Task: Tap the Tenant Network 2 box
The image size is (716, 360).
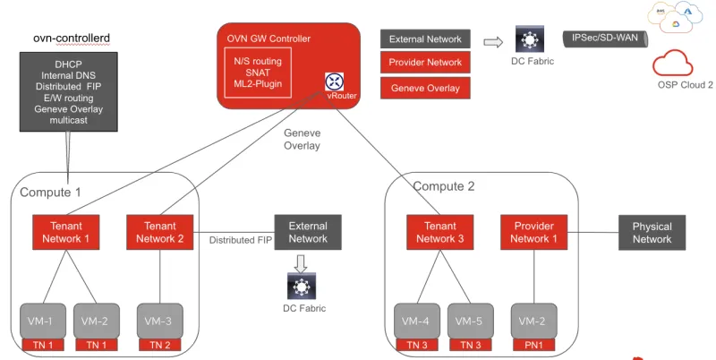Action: tap(159, 232)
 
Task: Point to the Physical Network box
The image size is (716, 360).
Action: tap(652, 232)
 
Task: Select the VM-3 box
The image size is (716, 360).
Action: tap(160, 321)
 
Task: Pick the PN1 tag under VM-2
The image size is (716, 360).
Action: tap(533, 345)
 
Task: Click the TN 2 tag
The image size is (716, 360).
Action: tap(160, 345)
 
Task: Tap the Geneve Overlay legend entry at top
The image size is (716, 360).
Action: tap(425, 88)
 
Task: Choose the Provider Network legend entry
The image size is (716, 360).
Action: tap(425, 63)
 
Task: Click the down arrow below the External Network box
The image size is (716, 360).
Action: tap(302, 261)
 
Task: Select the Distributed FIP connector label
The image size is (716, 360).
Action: tap(240, 240)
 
